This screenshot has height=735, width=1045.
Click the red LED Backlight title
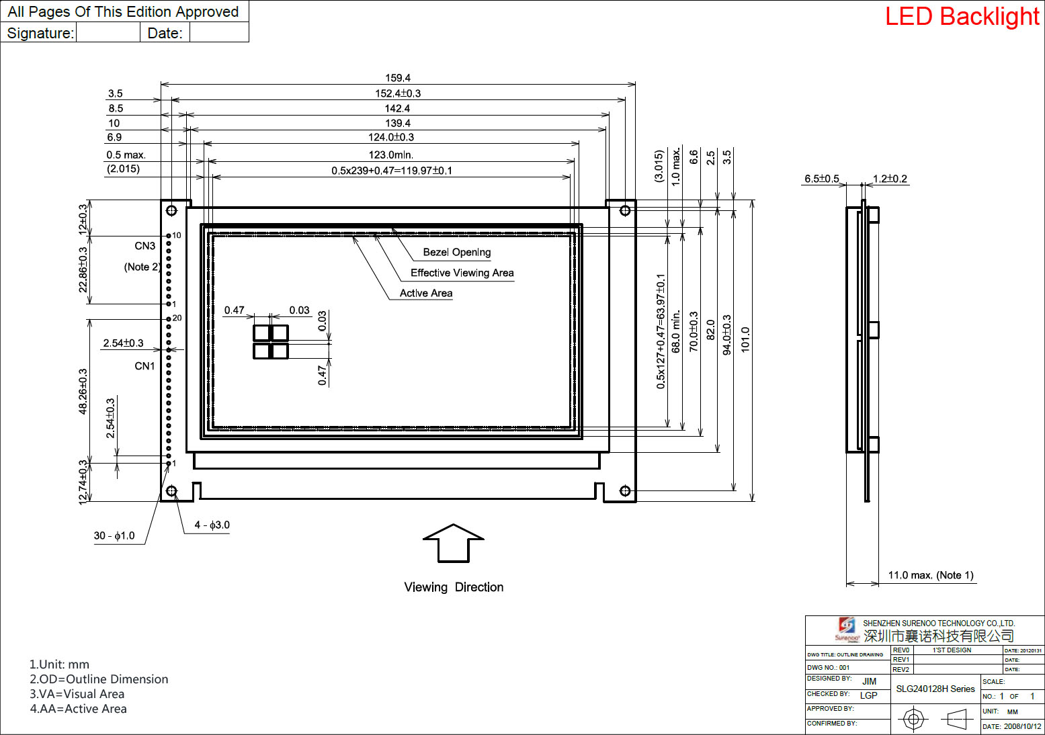962,17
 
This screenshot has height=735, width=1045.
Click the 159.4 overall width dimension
398,78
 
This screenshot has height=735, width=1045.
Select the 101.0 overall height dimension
745,340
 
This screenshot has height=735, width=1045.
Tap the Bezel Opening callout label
456,252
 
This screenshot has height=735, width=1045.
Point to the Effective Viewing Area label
462,273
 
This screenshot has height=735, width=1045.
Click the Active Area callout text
426,293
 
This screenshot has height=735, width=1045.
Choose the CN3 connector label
144,246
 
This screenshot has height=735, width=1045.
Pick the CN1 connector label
144,366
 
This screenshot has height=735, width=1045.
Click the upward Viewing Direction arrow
454,542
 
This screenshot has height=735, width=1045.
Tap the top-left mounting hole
171,210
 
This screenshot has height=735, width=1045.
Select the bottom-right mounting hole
625,491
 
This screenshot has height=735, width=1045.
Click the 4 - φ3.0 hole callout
212,525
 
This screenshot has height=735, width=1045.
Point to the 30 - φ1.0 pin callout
114,535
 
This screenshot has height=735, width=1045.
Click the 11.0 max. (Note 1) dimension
931,575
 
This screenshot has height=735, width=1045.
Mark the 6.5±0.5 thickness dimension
821,179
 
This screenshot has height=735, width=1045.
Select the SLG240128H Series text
935,689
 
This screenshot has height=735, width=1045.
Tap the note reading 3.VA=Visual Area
77,694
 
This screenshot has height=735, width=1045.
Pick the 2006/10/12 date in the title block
1022,726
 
